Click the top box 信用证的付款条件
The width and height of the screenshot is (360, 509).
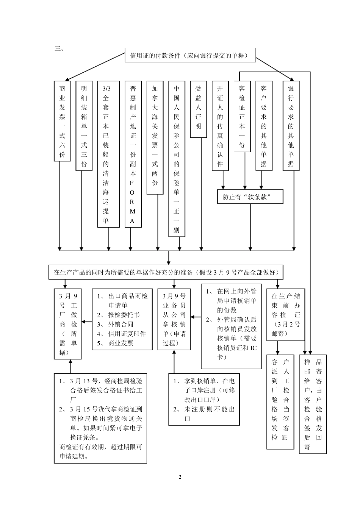pos(190,56)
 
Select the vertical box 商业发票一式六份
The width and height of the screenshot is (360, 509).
pos(62,121)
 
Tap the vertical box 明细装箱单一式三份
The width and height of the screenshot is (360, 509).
pos(84,126)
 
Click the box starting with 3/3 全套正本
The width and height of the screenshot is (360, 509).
pos(106,154)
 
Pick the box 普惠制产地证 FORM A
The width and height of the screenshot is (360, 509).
pos(133,154)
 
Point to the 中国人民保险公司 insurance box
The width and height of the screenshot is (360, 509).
pos(177,159)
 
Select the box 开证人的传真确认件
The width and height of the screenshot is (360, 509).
pos(220,126)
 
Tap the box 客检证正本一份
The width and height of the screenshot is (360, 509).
pos(242,117)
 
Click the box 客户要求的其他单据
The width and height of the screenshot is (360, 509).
pos(264,126)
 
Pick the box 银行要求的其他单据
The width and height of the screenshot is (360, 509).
pos(291,126)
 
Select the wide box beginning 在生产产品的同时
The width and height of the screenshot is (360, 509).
pos(169,272)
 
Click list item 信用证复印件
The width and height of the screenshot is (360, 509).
pos(127,334)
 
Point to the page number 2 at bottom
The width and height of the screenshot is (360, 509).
pos(180,477)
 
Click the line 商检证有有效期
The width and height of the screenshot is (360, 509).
pos(100,447)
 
